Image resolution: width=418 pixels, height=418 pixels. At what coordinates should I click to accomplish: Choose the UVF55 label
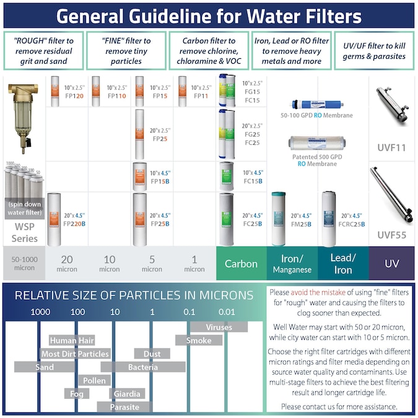[x=392, y=235]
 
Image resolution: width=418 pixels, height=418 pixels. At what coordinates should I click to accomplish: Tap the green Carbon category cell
[x=241, y=264]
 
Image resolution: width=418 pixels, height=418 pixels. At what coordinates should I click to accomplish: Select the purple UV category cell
[x=392, y=264]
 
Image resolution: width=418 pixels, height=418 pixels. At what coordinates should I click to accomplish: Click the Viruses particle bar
[x=219, y=326]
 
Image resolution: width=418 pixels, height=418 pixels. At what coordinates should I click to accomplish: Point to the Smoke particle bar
[x=199, y=340]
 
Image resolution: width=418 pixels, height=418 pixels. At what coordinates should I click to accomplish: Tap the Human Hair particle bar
[x=72, y=340]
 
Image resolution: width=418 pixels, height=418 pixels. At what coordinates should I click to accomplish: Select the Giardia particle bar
[x=127, y=393]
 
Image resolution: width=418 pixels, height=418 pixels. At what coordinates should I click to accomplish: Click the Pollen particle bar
[x=95, y=380]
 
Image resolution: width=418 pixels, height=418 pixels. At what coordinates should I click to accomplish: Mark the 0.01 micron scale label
[x=226, y=311]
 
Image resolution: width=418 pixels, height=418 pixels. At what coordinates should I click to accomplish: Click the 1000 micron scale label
[x=41, y=311]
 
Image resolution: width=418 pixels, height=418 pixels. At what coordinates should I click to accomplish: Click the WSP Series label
[x=25, y=233]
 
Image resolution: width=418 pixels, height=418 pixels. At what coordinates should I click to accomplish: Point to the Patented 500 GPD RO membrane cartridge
[x=316, y=143]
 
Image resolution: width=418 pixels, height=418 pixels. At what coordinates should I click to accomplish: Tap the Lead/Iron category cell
[x=342, y=264]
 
